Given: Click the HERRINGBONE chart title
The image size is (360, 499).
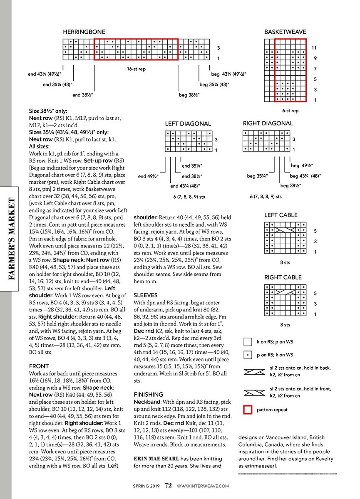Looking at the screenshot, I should (x=84, y=32).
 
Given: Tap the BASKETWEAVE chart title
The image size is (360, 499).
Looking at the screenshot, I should (x=285, y=32).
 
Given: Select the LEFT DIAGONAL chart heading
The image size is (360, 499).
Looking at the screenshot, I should (x=188, y=124).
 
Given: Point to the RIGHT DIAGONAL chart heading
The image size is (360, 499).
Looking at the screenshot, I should (x=268, y=124).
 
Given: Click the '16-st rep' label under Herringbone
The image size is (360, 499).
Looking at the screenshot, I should (x=136, y=69).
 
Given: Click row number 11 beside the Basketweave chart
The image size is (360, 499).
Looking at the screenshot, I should (x=315, y=48).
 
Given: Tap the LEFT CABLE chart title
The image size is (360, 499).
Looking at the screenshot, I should (x=281, y=215).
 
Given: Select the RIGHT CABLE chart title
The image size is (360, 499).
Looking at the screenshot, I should (x=283, y=277).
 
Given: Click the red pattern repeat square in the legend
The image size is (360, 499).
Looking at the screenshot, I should (x=248, y=410).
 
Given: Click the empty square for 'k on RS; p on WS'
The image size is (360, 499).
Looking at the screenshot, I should (x=248, y=342).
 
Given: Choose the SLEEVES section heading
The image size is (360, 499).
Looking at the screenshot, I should (x=145, y=295).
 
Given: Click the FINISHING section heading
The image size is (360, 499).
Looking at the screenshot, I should (x=149, y=394).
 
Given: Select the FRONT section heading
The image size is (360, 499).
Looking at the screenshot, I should (x=39, y=366).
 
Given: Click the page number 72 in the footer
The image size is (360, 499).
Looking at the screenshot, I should (x=168, y=485).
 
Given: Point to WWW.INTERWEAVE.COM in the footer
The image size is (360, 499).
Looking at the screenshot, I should (x=203, y=485).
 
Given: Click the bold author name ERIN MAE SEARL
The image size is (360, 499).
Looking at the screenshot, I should (x=156, y=459).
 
